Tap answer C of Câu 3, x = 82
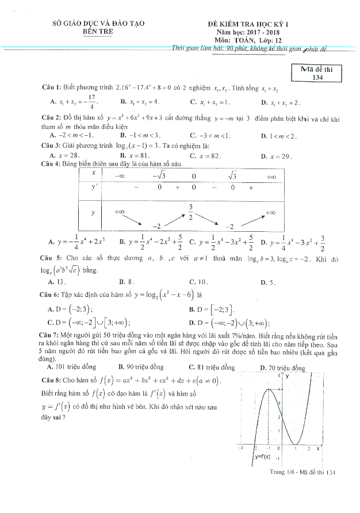pos(205,156)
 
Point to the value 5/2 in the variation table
pos(190,209)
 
